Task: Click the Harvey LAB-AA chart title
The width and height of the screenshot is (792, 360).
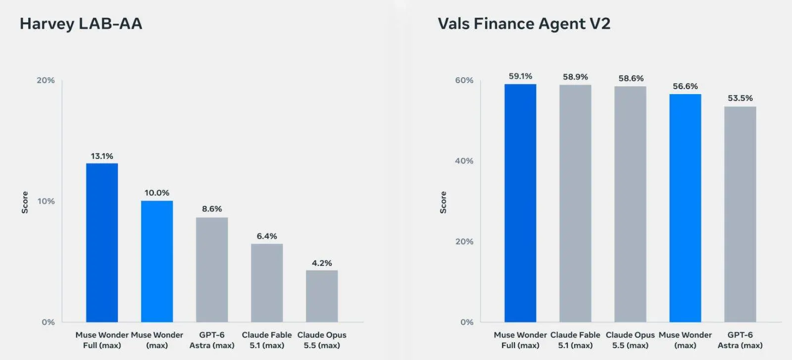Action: pos(81,24)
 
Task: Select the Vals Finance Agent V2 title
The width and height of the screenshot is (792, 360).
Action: pos(524,24)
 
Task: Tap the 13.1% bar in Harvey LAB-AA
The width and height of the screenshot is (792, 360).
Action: pos(102,243)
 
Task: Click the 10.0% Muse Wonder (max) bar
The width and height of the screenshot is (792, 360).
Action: pos(157,261)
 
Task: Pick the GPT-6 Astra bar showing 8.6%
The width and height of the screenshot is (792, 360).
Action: pos(212,270)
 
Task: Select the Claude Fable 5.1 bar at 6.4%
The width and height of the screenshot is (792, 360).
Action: pos(267,283)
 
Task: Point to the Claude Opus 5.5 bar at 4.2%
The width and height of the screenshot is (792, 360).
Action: pos(322,296)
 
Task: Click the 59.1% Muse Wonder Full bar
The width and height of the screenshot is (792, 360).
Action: pos(520,203)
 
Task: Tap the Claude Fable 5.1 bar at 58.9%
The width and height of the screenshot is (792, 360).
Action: pos(575,204)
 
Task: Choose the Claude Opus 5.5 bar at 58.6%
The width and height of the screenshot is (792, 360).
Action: pos(631,204)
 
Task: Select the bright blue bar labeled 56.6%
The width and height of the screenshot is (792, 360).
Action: pos(685,208)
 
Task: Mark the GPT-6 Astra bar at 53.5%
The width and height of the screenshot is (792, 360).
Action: pos(741,214)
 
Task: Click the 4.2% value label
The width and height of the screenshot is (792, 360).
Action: pos(322,263)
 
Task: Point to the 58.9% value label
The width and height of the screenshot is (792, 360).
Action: pos(575,77)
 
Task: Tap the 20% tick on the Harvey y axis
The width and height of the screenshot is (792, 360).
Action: pos(46,80)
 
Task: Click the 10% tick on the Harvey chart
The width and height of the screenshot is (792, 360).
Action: pos(46,201)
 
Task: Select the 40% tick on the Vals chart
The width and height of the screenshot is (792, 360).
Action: pos(464,161)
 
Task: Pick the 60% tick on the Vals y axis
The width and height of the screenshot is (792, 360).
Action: pos(464,80)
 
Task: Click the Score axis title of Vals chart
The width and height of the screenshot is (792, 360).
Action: pos(444,202)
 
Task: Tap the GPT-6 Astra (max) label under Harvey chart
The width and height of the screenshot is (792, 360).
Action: pos(212,340)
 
